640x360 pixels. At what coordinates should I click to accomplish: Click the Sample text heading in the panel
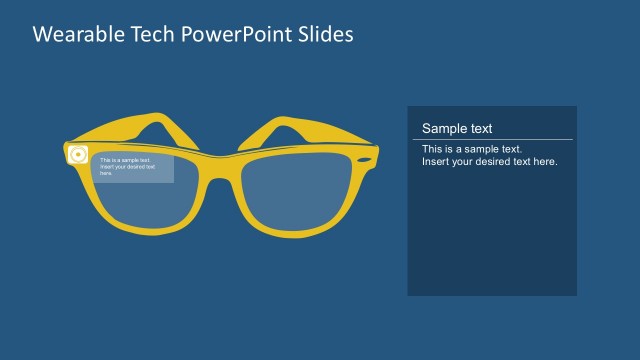(x=457, y=128)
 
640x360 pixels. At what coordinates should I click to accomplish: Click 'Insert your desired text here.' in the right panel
(x=489, y=161)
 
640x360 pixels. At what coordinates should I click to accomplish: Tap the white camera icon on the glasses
(x=78, y=155)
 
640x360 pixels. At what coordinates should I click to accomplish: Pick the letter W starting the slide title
(x=42, y=35)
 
